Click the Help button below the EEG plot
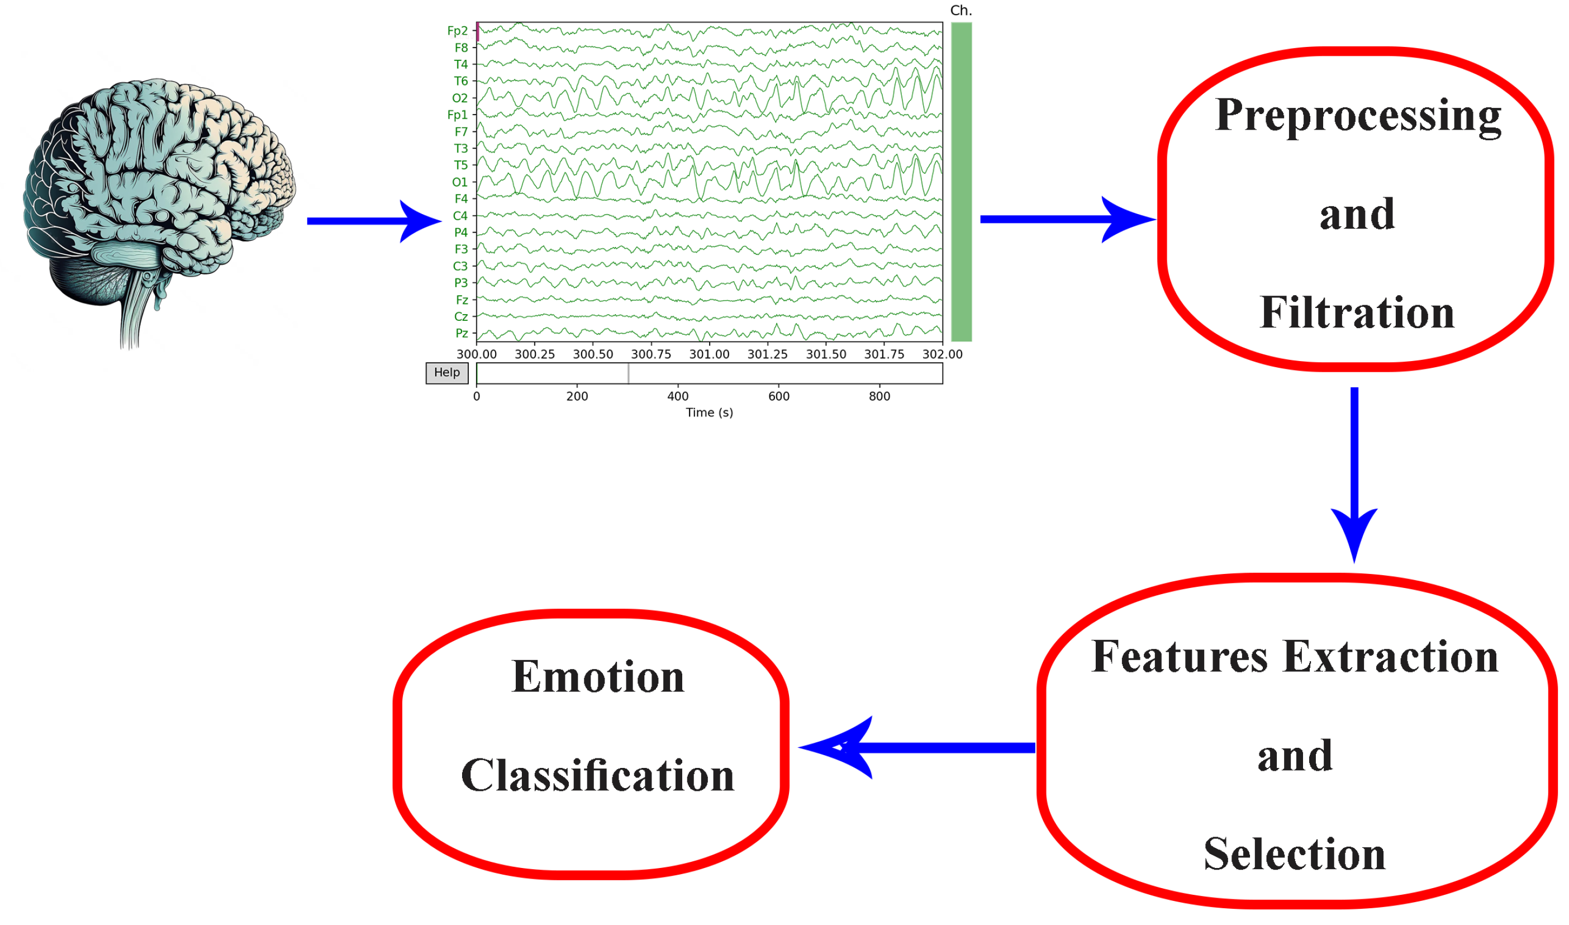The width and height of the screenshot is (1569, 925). [447, 373]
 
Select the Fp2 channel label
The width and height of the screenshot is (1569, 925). [458, 31]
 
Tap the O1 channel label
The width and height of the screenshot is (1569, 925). [459, 182]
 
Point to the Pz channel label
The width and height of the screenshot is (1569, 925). [461, 334]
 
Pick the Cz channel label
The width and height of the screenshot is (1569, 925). [460, 317]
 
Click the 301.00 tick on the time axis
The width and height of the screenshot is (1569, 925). [709, 354]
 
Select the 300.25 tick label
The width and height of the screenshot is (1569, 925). [535, 354]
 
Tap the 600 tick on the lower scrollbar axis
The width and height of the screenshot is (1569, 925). [779, 396]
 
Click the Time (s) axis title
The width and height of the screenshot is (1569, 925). [709, 412]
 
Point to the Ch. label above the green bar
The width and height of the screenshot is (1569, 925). [961, 11]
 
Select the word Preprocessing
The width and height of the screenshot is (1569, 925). [1358, 115]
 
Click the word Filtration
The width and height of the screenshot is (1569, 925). [1357, 312]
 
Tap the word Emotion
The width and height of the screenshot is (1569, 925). [598, 677]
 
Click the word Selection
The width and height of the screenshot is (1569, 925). [1295, 854]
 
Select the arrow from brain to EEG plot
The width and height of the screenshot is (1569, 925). [374, 221]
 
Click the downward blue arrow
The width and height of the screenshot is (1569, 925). [1354, 474]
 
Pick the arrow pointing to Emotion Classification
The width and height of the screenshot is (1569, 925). [916, 747]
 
